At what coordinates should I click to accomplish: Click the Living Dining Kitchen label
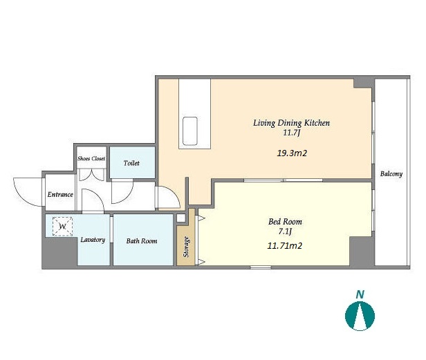(292, 123)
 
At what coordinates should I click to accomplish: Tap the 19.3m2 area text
(292, 153)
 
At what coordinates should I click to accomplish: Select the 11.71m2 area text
(285, 246)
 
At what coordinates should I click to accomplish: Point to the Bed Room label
(285, 222)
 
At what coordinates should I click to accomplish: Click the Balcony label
(391, 174)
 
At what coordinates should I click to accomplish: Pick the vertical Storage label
(186, 247)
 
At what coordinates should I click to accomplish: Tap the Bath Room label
(142, 241)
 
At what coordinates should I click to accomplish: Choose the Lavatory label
(93, 240)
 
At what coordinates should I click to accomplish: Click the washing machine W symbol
(62, 226)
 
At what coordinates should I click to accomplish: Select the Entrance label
(60, 194)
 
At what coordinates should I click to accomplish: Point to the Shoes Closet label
(91, 158)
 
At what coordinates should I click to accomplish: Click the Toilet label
(131, 163)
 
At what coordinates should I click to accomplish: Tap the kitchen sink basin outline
(190, 131)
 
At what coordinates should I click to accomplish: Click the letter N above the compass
(360, 294)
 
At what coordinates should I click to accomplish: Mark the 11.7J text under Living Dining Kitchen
(292, 133)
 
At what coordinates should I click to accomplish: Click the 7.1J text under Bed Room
(285, 231)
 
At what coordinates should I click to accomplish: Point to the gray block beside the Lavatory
(59, 252)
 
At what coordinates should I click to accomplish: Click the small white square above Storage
(181, 218)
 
